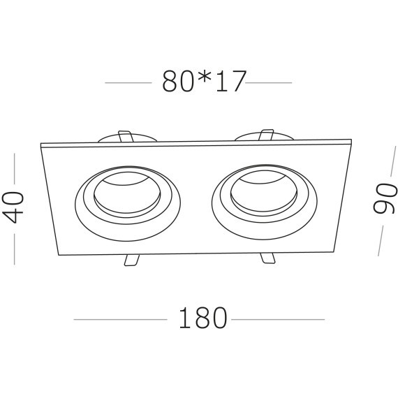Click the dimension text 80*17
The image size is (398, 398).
pyautogui.click(x=204, y=82)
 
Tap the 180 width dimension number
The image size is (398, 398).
pyautogui.click(x=203, y=319)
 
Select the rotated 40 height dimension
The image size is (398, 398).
pyautogui.click(x=15, y=207)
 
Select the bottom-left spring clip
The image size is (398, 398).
pyautogui.click(x=131, y=260)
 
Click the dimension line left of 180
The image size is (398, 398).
pyautogui.click(x=120, y=320)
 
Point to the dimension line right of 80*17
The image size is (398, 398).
pyautogui.click(x=270, y=83)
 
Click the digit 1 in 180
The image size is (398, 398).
pyautogui.click(x=183, y=319)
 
